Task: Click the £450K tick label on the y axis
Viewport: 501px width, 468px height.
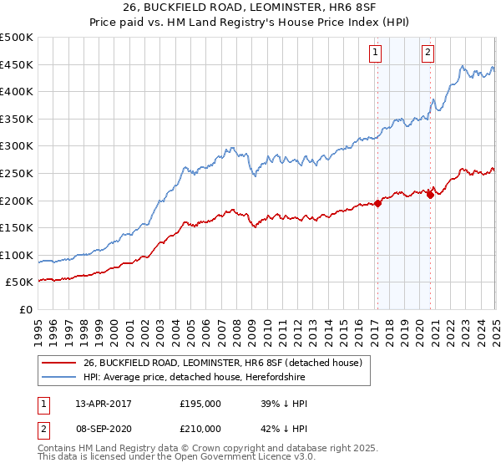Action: pyautogui.click(x=17, y=65)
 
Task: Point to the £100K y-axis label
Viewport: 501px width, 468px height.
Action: pyautogui.click(x=17, y=255)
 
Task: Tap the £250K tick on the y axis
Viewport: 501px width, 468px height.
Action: pyautogui.click(x=17, y=173)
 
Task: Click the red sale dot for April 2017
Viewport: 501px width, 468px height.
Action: pyautogui.click(x=377, y=202)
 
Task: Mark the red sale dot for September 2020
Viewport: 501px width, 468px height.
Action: pyautogui.click(x=430, y=194)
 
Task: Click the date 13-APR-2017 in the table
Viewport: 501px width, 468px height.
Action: pyautogui.click(x=104, y=404)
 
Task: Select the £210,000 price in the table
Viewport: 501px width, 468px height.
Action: pyautogui.click(x=200, y=429)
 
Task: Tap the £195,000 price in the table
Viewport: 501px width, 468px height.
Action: pyautogui.click(x=200, y=404)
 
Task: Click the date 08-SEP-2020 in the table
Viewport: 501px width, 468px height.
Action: pyautogui.click(x=104, y=429)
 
